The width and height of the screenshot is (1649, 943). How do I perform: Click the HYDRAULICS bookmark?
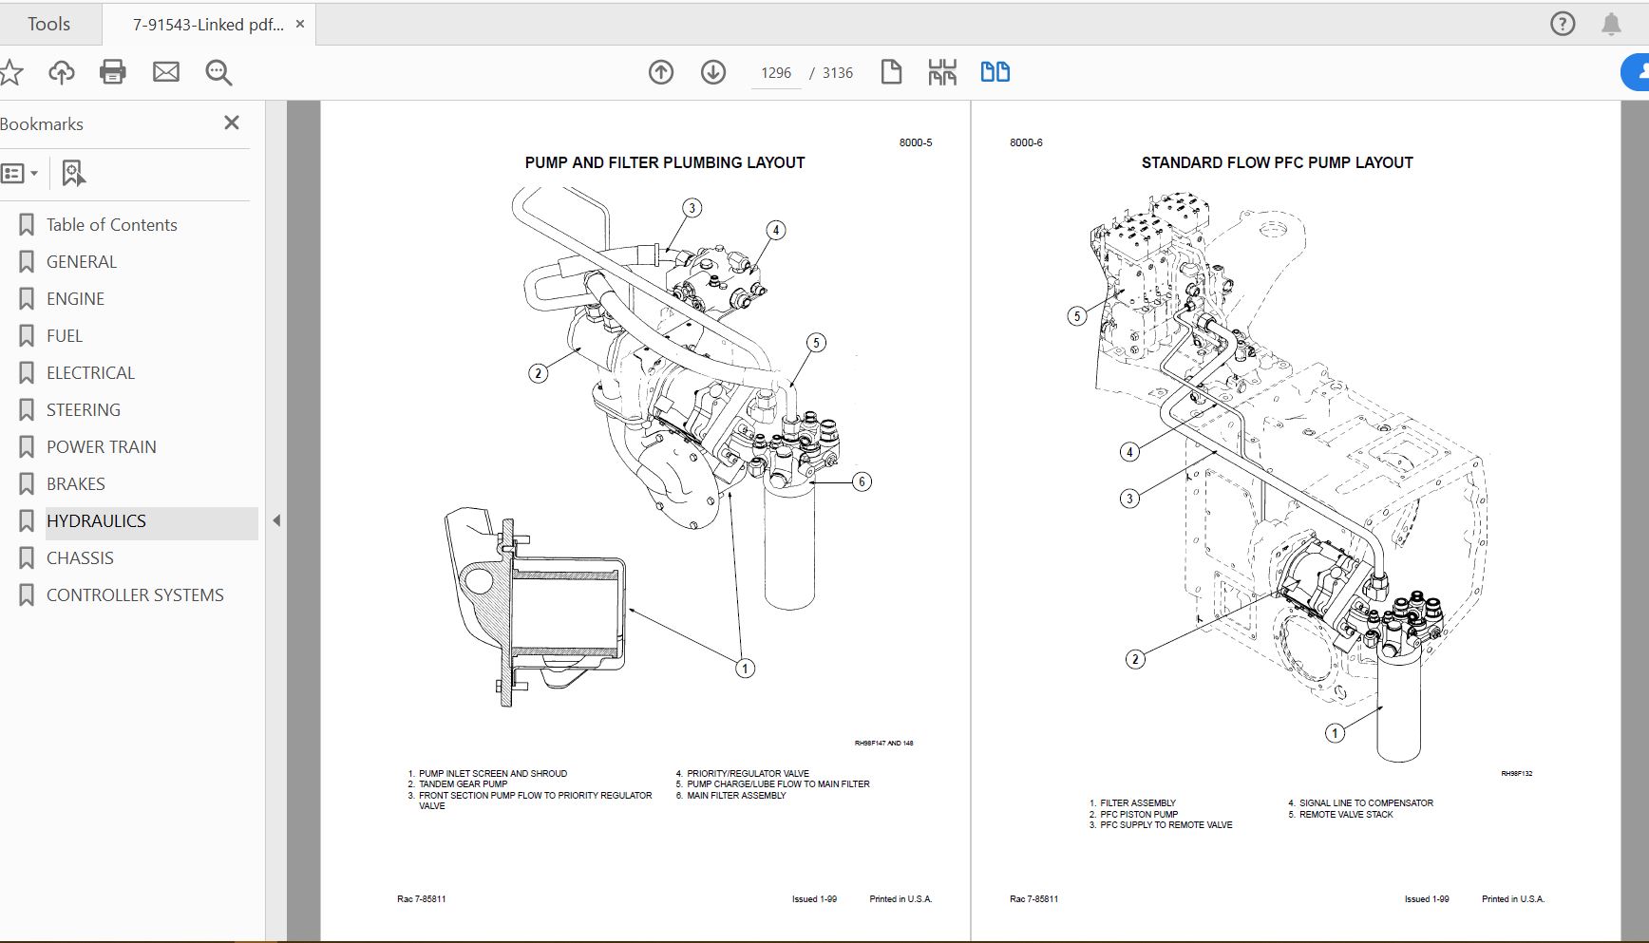pos(96,521)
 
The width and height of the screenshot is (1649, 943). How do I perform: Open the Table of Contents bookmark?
pos(111,225)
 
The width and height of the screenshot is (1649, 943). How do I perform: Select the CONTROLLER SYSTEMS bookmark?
pos(135,595)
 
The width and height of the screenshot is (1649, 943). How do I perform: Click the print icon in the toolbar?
pos(113,72)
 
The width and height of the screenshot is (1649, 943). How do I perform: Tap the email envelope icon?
pos(166,72)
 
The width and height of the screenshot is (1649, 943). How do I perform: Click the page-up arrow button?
pos(661,72)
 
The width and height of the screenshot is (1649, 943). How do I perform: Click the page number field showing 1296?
pos(775,73)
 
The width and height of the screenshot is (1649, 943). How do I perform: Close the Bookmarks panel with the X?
pos(231,123)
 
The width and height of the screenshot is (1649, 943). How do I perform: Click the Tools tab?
pos(48,24)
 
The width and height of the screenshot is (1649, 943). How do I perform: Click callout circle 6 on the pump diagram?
pos(862,481)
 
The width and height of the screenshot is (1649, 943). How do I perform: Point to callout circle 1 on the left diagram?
pos(745,669)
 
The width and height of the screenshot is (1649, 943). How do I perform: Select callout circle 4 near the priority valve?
pos(776,230)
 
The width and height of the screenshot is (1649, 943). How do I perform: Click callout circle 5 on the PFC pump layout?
pos(1076,316)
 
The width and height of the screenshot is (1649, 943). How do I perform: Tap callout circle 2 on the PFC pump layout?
pos(1135,659)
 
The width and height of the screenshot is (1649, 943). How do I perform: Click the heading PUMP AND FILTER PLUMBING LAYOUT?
pos(664,162)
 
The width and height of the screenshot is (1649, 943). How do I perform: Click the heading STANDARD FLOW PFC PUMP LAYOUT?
pos(1277,162)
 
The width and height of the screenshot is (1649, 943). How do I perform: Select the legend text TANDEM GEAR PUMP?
pos(463,784)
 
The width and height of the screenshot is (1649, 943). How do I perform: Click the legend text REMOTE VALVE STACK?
pos(1346,815)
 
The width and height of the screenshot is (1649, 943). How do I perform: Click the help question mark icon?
pos(1563,24)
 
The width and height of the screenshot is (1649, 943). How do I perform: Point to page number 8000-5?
pos(916,142)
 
